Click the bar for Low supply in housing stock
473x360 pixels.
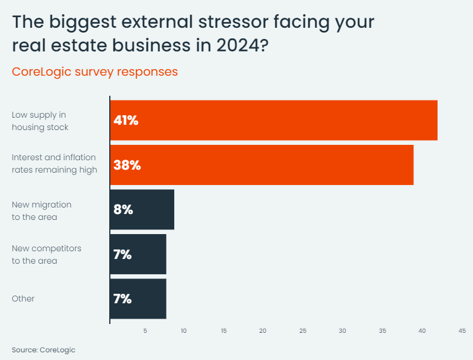273,120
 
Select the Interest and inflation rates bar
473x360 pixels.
262,165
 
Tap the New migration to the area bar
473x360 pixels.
142,209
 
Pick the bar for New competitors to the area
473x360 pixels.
138,254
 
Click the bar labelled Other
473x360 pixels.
138,299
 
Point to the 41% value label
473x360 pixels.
125,121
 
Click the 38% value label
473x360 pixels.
127,166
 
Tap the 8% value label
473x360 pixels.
123,210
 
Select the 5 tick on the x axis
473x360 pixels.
145,330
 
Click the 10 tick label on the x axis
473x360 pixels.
184,330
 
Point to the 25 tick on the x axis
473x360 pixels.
302,330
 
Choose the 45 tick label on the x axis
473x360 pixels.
462,330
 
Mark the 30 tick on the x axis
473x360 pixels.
342,330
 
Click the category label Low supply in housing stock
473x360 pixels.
40,121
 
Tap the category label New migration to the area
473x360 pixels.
41,210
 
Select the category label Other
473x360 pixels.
22,299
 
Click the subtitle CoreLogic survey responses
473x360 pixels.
94,72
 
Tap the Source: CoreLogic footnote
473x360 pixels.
44,349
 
